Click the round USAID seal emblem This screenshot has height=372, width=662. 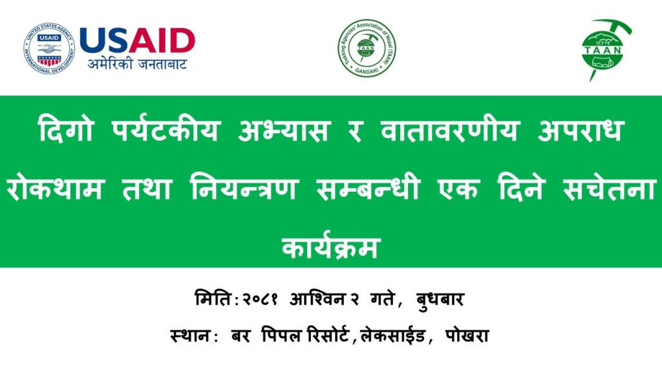click(x=49, y=48)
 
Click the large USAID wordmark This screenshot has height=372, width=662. click(x=137, y=41)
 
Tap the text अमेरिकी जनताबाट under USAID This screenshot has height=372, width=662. click(x=137, y=64)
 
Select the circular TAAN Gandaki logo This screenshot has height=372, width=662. click(x=367, y=48)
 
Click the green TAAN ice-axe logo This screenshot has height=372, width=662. click(x=604, y=50)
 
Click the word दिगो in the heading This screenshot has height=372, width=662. click(x=65, y=129)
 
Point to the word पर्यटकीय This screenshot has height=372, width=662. click(x=166, y=129)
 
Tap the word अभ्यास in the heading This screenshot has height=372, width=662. click(x=283, y=129)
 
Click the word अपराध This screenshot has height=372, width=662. click(x=581, y=129)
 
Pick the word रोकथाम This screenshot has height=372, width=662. click(x=55, y=188)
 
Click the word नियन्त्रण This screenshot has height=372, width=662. click(x=245, y=188)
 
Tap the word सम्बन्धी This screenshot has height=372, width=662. click(x=368, y=188)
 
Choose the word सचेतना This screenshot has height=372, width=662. click(x=610, y=188)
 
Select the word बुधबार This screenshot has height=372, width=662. click(x=440, y=300)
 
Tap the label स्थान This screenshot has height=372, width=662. click(x=191, y=336)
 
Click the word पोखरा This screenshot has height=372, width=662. click(x=467, y=336)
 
